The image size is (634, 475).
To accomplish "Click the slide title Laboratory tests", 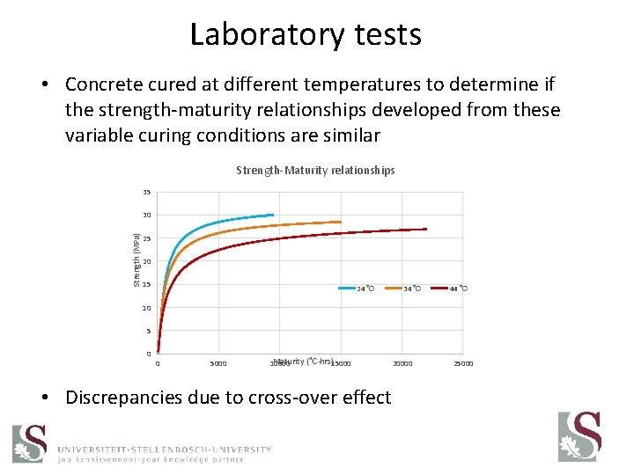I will click(306, 35).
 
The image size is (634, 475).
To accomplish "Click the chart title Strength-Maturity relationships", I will click(315, 170).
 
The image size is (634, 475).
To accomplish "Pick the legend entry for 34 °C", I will click(411, 289).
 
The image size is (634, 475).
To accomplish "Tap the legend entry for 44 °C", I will click(458, 289).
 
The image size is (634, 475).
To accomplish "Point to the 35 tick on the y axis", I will click(146, 193).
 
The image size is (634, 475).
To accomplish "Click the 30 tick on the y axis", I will click(146, 216).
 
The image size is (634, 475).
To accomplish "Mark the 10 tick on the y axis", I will click(146, 308).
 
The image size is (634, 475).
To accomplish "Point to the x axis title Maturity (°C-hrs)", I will click(303, 362).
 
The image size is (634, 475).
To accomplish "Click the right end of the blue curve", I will click(273, 215).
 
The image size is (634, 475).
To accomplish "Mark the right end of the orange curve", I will click(341, 222).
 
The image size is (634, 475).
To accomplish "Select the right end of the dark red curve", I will click(426, 229).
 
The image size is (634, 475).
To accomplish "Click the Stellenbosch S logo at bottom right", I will click(579, 437).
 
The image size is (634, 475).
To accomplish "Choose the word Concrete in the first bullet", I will click(107, 84).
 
